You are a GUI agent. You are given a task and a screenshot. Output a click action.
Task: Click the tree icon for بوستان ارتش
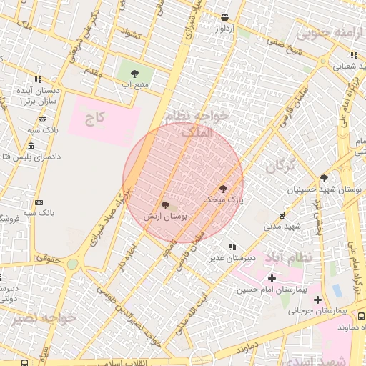[x=166, y=205]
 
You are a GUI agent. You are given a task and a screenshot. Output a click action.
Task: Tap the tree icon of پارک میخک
[x=223, y=189]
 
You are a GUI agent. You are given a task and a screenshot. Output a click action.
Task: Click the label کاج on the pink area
[x=95, y=118]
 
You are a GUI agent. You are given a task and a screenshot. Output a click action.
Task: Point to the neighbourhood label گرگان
[x=280, y=167]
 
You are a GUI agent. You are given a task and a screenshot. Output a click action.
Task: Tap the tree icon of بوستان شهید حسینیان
[x=324, y=178]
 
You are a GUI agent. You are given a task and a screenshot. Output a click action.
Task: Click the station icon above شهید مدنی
[x=282, y=214]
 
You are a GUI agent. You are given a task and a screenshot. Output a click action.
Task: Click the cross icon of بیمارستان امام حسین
[x=271, y=277]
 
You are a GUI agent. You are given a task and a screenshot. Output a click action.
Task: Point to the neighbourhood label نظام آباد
[x=293, y=257]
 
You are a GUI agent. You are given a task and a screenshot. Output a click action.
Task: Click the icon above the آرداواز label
[x=225, y=17]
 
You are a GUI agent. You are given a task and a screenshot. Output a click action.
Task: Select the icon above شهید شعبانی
[x=353, y=55]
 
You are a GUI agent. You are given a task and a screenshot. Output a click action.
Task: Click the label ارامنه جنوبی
[x=327, y=33]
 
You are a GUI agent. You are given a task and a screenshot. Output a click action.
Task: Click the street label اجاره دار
[x=127, y=256]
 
